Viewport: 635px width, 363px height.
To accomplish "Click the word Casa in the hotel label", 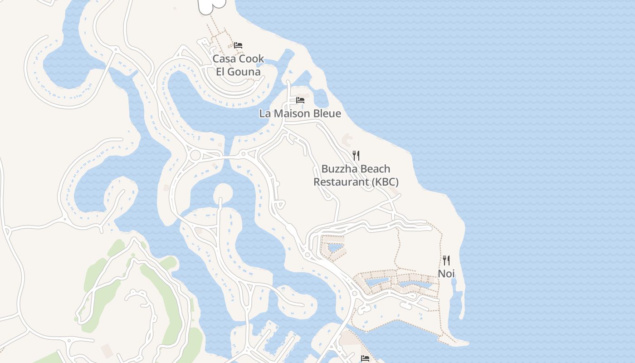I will pyautogui.click(x=225, y=59).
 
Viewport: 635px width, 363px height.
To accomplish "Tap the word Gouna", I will pyautogui.click(x=245, y=72).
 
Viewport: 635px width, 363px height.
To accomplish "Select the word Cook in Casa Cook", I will pyautogui.click(x=251, y=59).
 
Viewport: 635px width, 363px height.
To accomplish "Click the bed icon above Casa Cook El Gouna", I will pyautogui.click(x=238, y=45).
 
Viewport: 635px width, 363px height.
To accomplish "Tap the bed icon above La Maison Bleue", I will pyautogui.click(x=300, y=100).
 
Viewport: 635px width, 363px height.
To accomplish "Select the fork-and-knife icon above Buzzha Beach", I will pyautogui.click(x=356, y=156).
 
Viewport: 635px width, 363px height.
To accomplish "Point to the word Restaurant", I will pyautogui.click(x=341, y=182).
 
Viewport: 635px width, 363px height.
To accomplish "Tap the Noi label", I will pyautogui.click(x=446, y=274).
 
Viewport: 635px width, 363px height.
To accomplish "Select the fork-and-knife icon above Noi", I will pyautogui.click(x=446, y=260).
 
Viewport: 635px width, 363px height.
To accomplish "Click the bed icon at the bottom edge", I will pyautogui.click(x=365, y=358).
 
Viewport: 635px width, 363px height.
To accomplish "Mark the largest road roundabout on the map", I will pyautogui.click(x=195, y=155).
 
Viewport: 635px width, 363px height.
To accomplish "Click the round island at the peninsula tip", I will pyautogui.click(x=223, y=193).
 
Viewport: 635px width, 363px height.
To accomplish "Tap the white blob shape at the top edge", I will pyautogui.click(x=211, y=5).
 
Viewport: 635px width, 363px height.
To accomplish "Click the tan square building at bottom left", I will pyautogui.click(x=107, y=350).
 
